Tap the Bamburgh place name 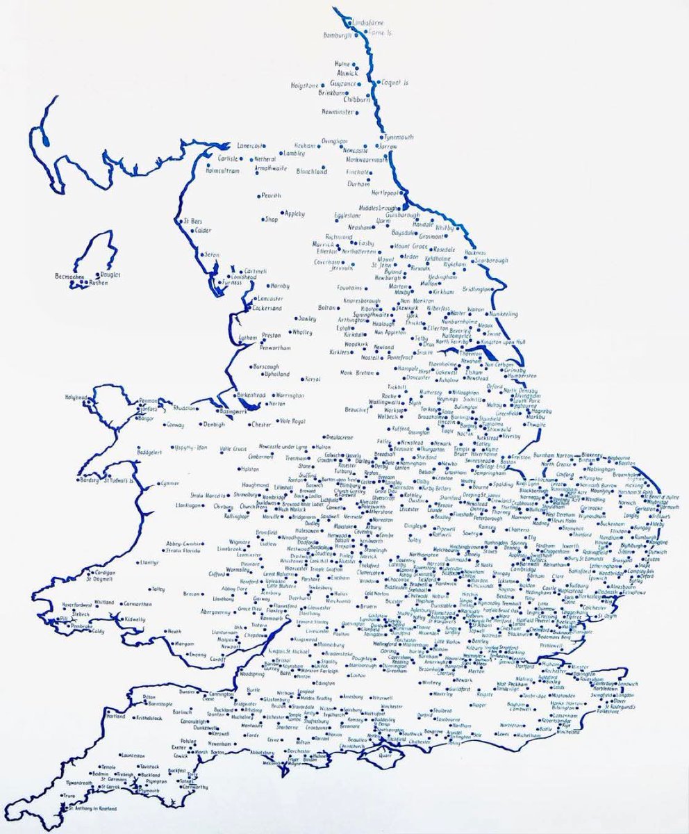[338, 35]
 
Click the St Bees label [191, 222]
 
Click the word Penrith [272, 197]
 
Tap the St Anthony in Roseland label [90, 809]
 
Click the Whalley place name [303, 332]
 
